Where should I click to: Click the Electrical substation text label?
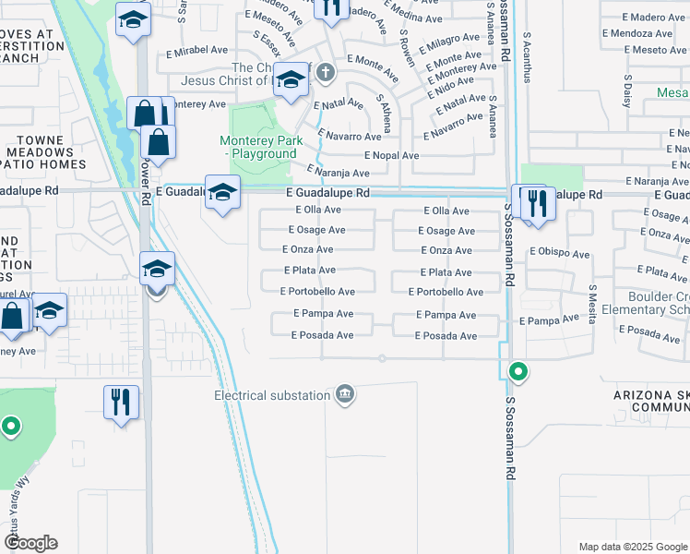(x=272, y=395)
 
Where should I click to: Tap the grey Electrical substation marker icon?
(x=345, y=395)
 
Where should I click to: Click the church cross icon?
(x=324, y=71)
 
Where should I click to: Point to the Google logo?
(x=30, y=543)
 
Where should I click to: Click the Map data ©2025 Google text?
(x=632, y=547)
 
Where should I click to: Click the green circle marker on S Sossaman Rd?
(x=518, y=373)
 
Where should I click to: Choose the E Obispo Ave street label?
(x=559, y=253)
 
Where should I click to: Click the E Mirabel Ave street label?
(x=196, y=50)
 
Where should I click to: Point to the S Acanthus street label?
(x=527, y=58)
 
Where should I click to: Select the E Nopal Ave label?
(x=391, y=155)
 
